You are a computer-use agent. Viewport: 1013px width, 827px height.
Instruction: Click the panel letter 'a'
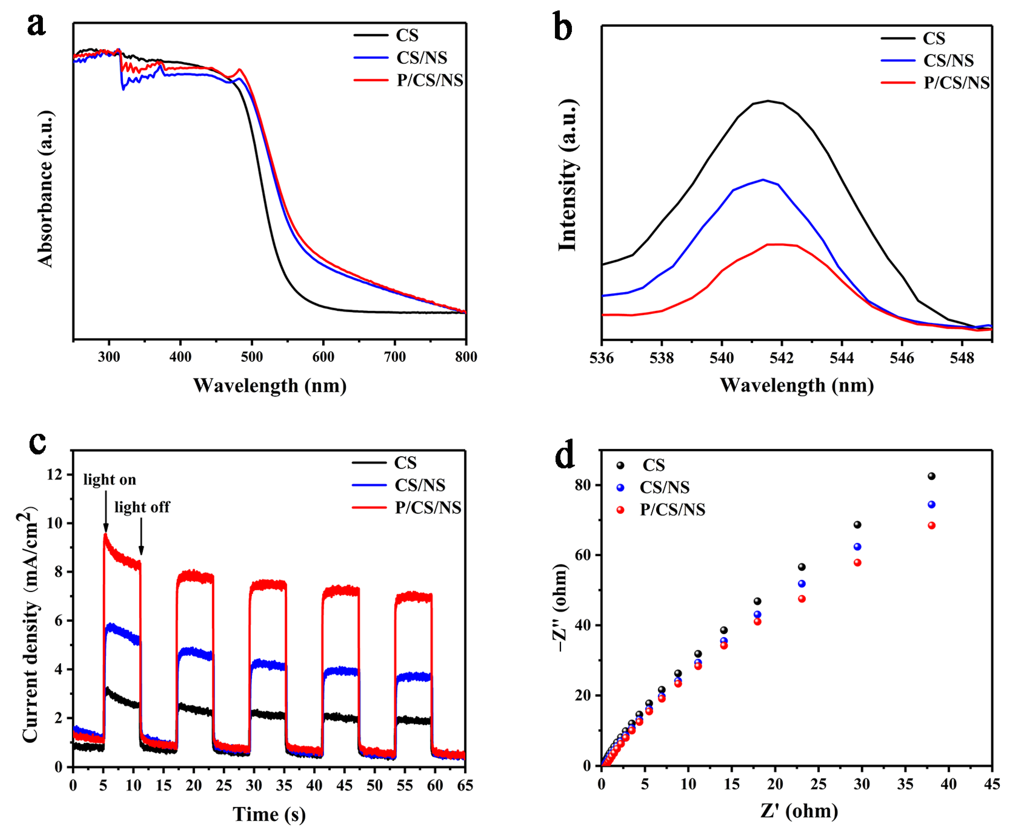(36, 25)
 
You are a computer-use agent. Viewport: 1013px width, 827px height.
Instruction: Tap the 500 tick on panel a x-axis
(252, 357)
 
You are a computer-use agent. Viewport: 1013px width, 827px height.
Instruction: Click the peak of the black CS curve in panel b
(768, 101)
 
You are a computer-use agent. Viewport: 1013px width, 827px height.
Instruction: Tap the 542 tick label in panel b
(781, 358)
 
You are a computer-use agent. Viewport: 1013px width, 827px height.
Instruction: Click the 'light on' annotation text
(110, 480)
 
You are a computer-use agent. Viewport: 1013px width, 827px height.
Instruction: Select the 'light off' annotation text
(142, 507)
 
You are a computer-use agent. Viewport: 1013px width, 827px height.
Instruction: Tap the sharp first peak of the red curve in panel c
(105, 535)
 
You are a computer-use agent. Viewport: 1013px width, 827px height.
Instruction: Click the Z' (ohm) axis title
(799, 811)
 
